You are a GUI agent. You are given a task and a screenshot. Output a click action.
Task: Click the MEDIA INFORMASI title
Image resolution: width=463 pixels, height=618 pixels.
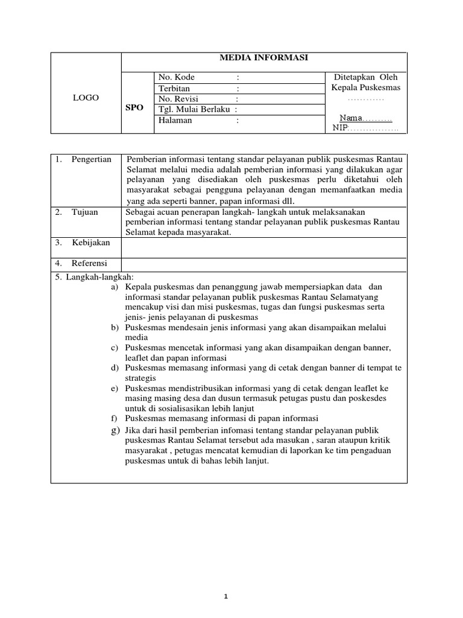(x=264, y=57)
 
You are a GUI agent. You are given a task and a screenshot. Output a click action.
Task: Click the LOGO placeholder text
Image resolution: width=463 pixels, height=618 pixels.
(x=86, y=98)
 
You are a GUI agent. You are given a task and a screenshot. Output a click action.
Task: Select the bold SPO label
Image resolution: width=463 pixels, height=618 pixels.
(x=134, y=108)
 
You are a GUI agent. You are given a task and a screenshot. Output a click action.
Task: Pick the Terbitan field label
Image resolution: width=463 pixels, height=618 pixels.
(x=174, y=88)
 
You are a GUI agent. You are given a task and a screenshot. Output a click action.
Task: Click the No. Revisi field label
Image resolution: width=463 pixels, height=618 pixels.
(x=178, y=99)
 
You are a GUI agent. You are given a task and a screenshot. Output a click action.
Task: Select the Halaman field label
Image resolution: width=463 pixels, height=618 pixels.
(x=175, y=120)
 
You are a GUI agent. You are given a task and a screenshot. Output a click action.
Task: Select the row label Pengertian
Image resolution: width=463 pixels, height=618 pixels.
(x=92, y=159)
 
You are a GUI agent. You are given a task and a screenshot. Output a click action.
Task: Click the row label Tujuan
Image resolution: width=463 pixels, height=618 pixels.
(x=84, y=212)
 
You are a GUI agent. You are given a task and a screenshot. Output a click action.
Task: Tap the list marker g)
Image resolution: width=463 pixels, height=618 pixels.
(x=115, y=429)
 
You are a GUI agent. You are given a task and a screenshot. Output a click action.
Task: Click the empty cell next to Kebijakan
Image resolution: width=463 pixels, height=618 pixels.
(x=264, y=246)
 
